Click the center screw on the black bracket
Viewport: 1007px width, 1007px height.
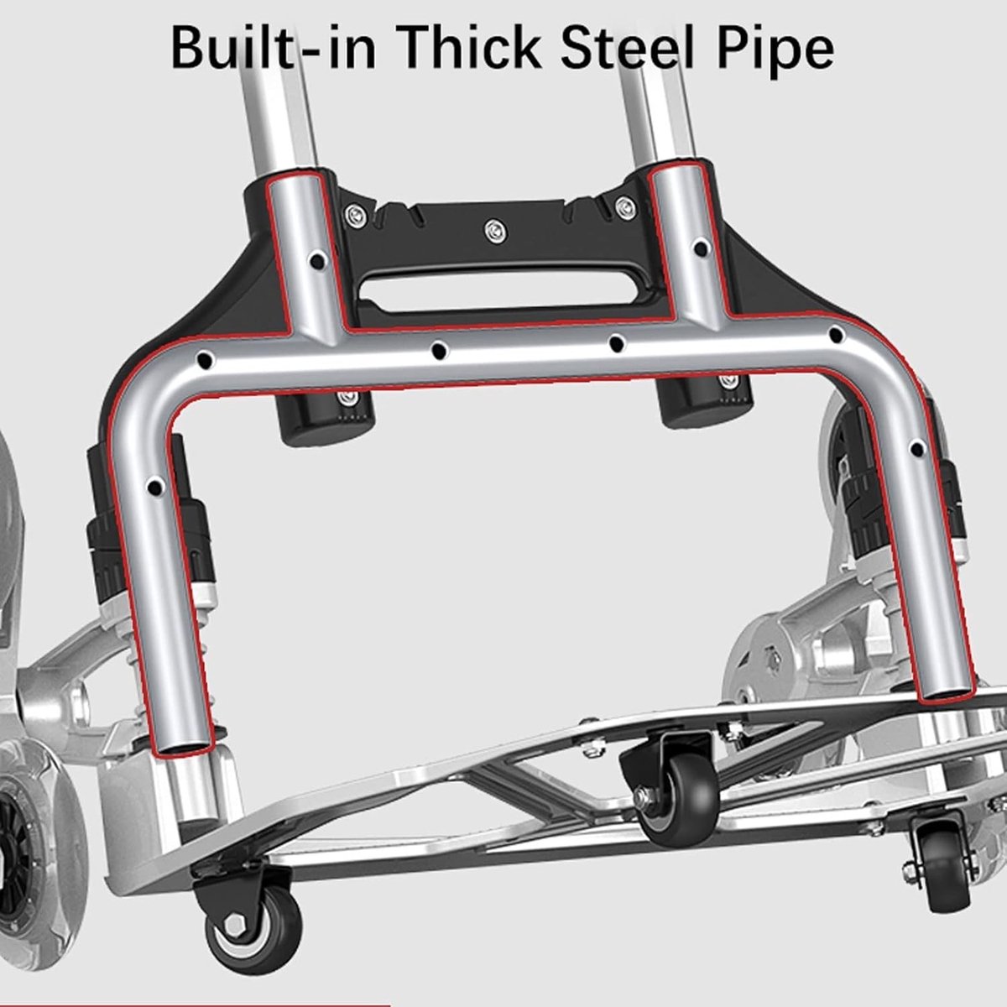(x=495, y=231)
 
